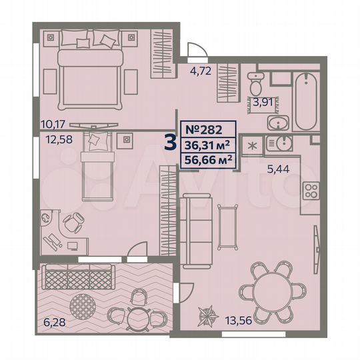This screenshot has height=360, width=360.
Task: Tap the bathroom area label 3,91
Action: (x=262, y=102)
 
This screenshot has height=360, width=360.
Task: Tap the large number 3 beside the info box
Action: (x=170, y=144)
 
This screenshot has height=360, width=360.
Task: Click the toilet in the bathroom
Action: (x=254, y=84)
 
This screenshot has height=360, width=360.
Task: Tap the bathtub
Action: (x=305, y=101)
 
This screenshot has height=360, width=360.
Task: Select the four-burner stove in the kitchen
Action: (x=311, y=192)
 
